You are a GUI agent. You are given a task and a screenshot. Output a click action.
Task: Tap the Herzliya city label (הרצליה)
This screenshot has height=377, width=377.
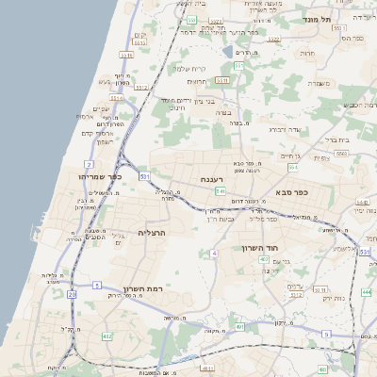(152, 232)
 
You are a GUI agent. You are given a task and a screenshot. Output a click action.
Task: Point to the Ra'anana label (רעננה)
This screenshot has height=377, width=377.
(210, 179)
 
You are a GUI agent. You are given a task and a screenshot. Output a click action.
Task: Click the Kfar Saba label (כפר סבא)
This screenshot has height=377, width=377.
(292, 191)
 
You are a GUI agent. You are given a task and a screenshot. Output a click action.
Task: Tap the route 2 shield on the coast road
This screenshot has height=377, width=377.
(89, 164)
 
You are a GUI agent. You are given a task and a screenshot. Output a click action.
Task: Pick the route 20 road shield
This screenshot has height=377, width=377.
(72, 294)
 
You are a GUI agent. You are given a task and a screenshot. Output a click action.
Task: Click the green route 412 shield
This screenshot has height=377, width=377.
(107, 336)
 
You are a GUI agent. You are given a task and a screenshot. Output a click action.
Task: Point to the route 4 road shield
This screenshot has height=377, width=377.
(215, 254)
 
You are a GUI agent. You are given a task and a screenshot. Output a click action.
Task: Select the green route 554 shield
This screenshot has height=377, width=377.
(292, 167)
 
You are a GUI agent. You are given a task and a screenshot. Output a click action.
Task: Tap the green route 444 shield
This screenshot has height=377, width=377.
(366, 293)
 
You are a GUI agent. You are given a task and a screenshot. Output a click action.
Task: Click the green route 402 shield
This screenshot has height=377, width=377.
(265, 259)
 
